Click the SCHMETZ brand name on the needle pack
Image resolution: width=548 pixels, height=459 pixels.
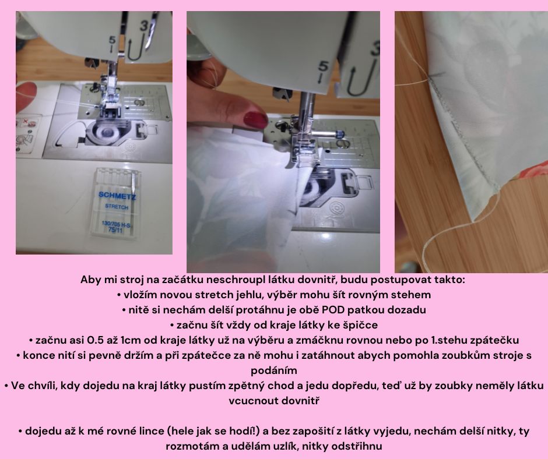117,195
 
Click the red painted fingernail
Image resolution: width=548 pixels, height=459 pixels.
256,119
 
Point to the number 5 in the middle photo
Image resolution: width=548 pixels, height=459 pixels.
324,66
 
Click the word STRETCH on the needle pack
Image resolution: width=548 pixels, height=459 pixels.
117,207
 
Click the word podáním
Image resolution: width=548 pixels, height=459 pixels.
274,370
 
